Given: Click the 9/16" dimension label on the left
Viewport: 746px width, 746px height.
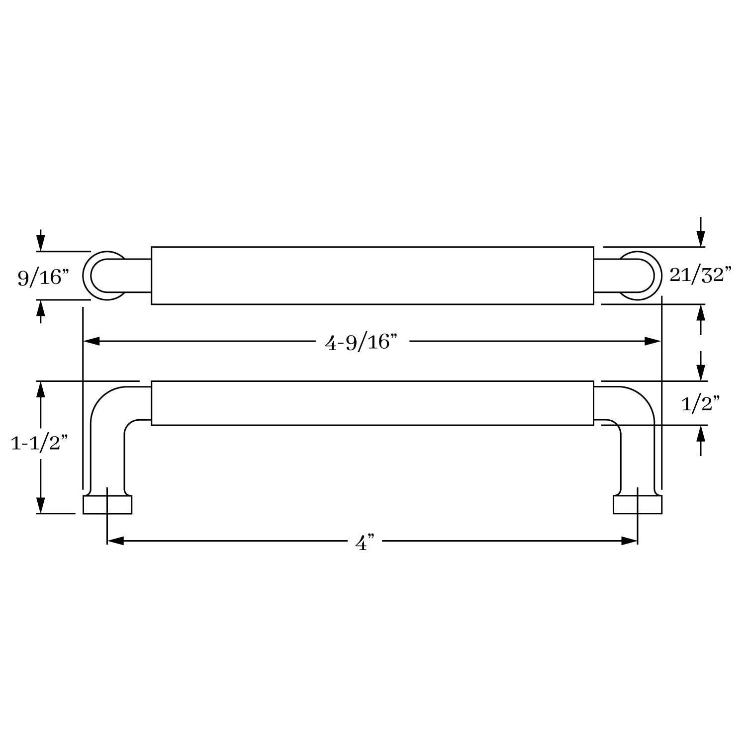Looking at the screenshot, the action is click(43, 277).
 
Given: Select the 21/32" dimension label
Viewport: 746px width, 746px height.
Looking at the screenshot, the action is click(700, 275).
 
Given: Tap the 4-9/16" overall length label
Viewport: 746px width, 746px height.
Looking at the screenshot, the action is click(362, 342).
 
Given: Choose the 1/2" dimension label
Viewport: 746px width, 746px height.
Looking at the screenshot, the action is click(700, 404).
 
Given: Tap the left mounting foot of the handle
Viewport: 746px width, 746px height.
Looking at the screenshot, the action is click(107, 504).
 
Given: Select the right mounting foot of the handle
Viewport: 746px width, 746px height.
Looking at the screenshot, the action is click(638, 504).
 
